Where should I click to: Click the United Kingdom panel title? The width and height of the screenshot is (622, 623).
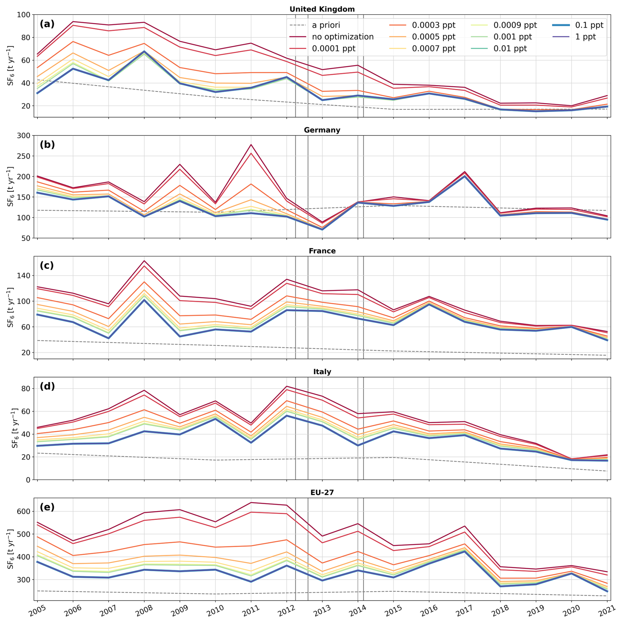[x=322, y=9]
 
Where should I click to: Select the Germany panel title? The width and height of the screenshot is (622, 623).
[x=322, y=130]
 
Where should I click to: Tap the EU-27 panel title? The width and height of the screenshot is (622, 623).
[x=322, y=492]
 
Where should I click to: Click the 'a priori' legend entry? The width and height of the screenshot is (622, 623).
[x=326, y=25]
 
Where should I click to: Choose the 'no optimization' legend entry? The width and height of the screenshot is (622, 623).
[x=343, y=37]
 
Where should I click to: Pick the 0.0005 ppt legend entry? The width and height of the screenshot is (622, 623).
[x=434, y=37]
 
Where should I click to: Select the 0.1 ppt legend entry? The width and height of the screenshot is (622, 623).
[x=589, y=25]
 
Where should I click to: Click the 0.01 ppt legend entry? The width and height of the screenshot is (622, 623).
[x=510, y=49]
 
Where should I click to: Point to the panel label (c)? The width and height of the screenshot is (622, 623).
[x=47, y=265]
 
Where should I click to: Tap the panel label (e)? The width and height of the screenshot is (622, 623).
[x=47, y=507]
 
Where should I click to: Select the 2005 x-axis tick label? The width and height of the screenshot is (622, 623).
[x=37, y=610]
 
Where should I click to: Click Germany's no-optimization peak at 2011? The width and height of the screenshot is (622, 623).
[x=251, y=144]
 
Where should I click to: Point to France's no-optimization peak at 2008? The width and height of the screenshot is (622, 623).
[x=144, y=261]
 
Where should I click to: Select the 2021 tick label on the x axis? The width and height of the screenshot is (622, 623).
[x=607, y=610]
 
